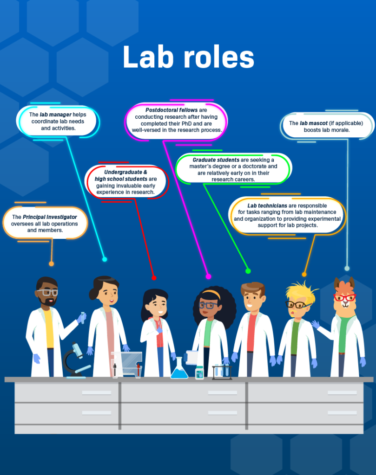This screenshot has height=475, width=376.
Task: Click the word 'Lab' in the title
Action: [148, 57]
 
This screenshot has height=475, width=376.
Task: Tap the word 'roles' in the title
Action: [219, 58]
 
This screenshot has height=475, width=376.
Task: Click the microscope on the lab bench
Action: [76, 360]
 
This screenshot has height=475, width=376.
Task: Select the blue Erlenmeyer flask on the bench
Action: [179, 368]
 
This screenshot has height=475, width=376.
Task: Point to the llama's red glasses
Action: [345, 297]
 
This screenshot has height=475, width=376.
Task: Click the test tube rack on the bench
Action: [222, 372]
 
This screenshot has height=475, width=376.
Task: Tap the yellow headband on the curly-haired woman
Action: [211, 294]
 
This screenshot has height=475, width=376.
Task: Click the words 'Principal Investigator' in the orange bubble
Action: [50, 217]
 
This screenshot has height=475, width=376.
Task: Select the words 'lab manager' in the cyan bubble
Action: [55, 115]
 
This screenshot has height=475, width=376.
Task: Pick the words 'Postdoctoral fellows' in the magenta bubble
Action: [172, 110]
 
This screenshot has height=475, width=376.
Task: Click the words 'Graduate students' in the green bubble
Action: [216, 160]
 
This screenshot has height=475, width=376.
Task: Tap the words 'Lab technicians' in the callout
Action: [267, 205]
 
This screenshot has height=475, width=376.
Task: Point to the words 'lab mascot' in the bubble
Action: [313, 123]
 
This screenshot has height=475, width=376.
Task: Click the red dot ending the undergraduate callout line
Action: [154, 278]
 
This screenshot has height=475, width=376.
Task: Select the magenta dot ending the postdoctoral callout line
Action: [209, 276]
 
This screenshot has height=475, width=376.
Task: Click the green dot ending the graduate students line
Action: [248, 271]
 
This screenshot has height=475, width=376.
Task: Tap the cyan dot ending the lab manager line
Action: [105, 259]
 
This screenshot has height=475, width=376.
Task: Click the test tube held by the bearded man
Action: [83, 317]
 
